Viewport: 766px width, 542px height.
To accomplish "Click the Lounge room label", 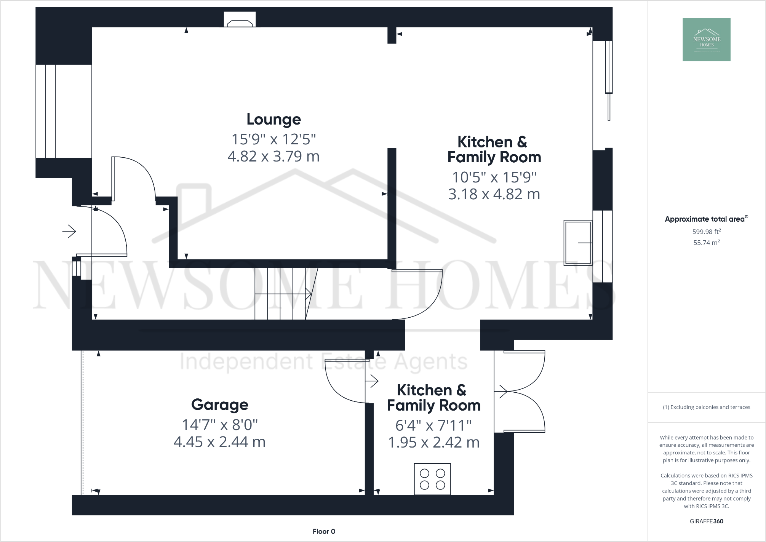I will click(273, 119).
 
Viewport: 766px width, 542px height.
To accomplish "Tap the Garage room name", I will click(219, 405).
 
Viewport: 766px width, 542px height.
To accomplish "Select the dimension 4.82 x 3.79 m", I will click(273, 156).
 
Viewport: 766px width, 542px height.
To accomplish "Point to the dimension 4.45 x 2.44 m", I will click(219, 442).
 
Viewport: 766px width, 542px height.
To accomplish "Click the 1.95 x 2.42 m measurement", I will click(433, 442).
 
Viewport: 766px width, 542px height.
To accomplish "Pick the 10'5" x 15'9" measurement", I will click(494, 177).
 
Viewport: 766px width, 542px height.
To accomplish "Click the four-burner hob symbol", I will click(432, 479).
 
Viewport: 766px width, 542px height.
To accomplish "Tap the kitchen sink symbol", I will click(577, 243).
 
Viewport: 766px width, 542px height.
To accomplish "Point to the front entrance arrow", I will click(69, 231).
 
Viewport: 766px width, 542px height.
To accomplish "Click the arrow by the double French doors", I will click(501, 391).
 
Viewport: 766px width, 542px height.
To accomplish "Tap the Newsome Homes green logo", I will click(706, 40).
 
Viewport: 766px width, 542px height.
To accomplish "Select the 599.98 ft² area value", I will click(706, 232).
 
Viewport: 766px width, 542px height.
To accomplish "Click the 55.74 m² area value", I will click(706, 243).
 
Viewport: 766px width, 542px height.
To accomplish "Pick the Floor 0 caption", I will click(324, 531).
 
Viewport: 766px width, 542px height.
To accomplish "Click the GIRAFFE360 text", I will click(706, 521).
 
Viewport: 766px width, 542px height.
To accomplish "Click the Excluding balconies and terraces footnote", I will click(706, 407).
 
